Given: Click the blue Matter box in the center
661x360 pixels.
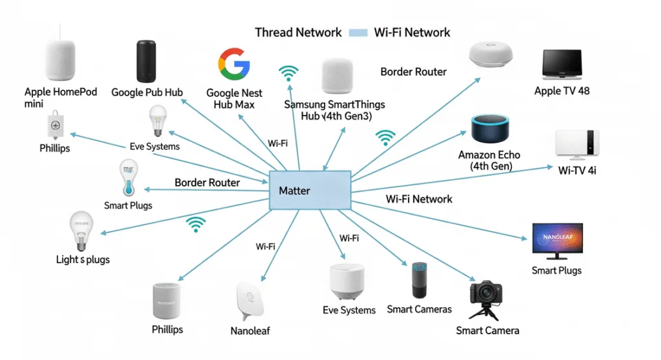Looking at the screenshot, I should (x=310, y=190).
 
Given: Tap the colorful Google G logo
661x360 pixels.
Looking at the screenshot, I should (x=234, y=63).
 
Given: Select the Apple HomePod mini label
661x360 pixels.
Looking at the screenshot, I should (x=61, y=97).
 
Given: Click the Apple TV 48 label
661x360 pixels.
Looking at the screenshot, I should (x=562, y=91).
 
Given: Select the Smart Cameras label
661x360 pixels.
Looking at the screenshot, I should (x=419, y=309).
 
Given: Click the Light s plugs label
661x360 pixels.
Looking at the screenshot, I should (x=83, y=259).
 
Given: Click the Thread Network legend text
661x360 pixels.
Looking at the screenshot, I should (x=298, y=32).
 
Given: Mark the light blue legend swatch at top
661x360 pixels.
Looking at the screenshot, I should (x=358, y=32).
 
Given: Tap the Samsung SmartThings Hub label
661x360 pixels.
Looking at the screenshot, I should (x=334, y=110).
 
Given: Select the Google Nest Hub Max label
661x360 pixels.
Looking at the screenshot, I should (x=234, y=99).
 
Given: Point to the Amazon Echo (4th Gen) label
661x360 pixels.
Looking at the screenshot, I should (x=489, y=161).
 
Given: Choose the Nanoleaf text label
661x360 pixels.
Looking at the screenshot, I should (x=250, y=331).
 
